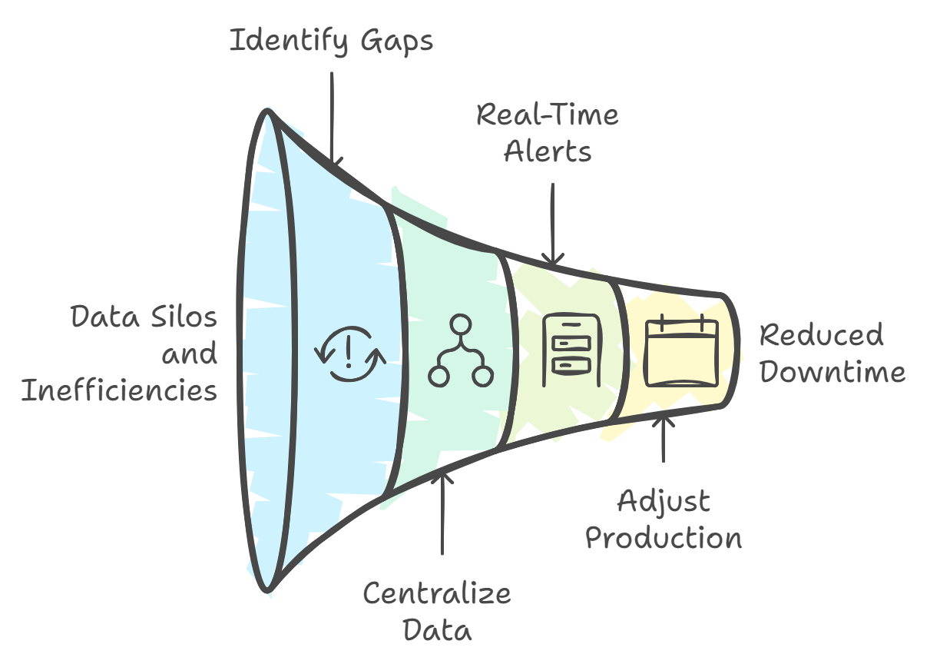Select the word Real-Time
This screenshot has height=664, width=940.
click(x=547, y=115)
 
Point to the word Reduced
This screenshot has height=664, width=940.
click(x=821, y=336)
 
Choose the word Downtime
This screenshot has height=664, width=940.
click(x=832, y=372)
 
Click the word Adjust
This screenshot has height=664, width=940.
click(x=664, y=503)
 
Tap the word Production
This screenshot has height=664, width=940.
click(x=664, y=538)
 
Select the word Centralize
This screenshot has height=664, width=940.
click(x=436, y=594)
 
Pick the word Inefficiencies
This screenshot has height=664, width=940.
click(x=119, y=390)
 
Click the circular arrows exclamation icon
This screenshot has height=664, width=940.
click(x=349, y=354)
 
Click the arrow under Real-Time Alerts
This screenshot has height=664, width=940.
click(x=553, y=224)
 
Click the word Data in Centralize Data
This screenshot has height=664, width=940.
click(x=436, y=630)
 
